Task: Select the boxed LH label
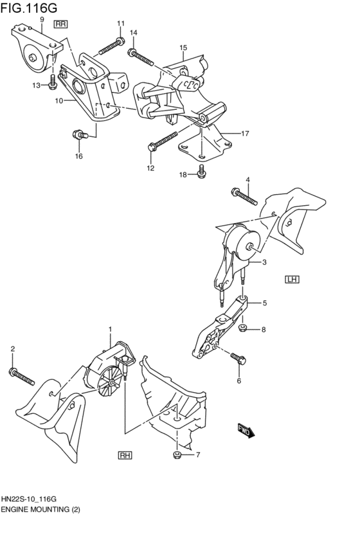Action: pyautogui.click(x=293, y=279)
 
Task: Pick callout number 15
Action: pyautogui.click(x=183, y=48)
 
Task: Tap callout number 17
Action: pyautogui.click(x=245, y=134)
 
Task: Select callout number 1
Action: pyautogui.click(x=110, y=329)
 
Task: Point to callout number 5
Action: pyautogui.click(x=264, y=303)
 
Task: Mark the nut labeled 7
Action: pyautogui.click(x=177, y=456)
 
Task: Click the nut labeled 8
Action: pyautogui.click(x=243, y=329)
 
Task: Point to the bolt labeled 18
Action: pyautogui.click(x=201, y=171)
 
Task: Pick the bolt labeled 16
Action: pyautogui.click(x=79, y=135)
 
